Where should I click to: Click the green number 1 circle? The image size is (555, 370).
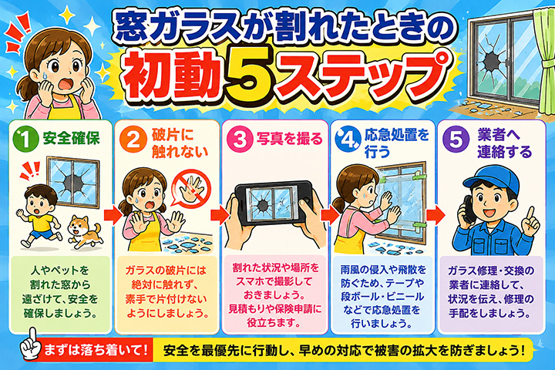25,139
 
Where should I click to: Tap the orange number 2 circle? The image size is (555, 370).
133,140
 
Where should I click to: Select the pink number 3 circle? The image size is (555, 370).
240,139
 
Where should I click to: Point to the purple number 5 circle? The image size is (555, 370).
456,140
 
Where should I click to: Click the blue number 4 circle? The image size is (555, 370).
348,140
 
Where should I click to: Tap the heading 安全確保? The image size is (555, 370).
71,139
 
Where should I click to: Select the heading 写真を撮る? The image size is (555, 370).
290,139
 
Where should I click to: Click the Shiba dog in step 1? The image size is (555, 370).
85,231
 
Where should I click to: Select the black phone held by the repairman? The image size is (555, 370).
469,209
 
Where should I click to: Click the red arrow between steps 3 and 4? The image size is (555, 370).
330,215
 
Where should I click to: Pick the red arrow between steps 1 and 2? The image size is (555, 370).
113,216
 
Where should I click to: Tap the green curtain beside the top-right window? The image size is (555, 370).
544,60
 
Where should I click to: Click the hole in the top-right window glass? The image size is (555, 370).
491,61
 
